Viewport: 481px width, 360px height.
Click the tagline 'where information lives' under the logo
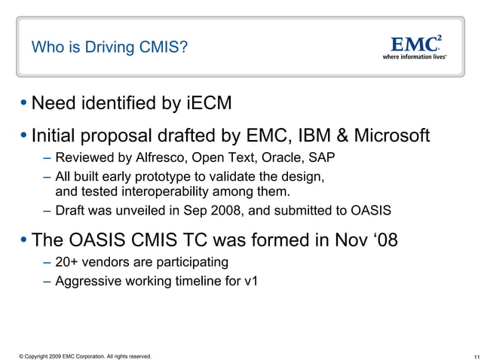click(x=415, y=56)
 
